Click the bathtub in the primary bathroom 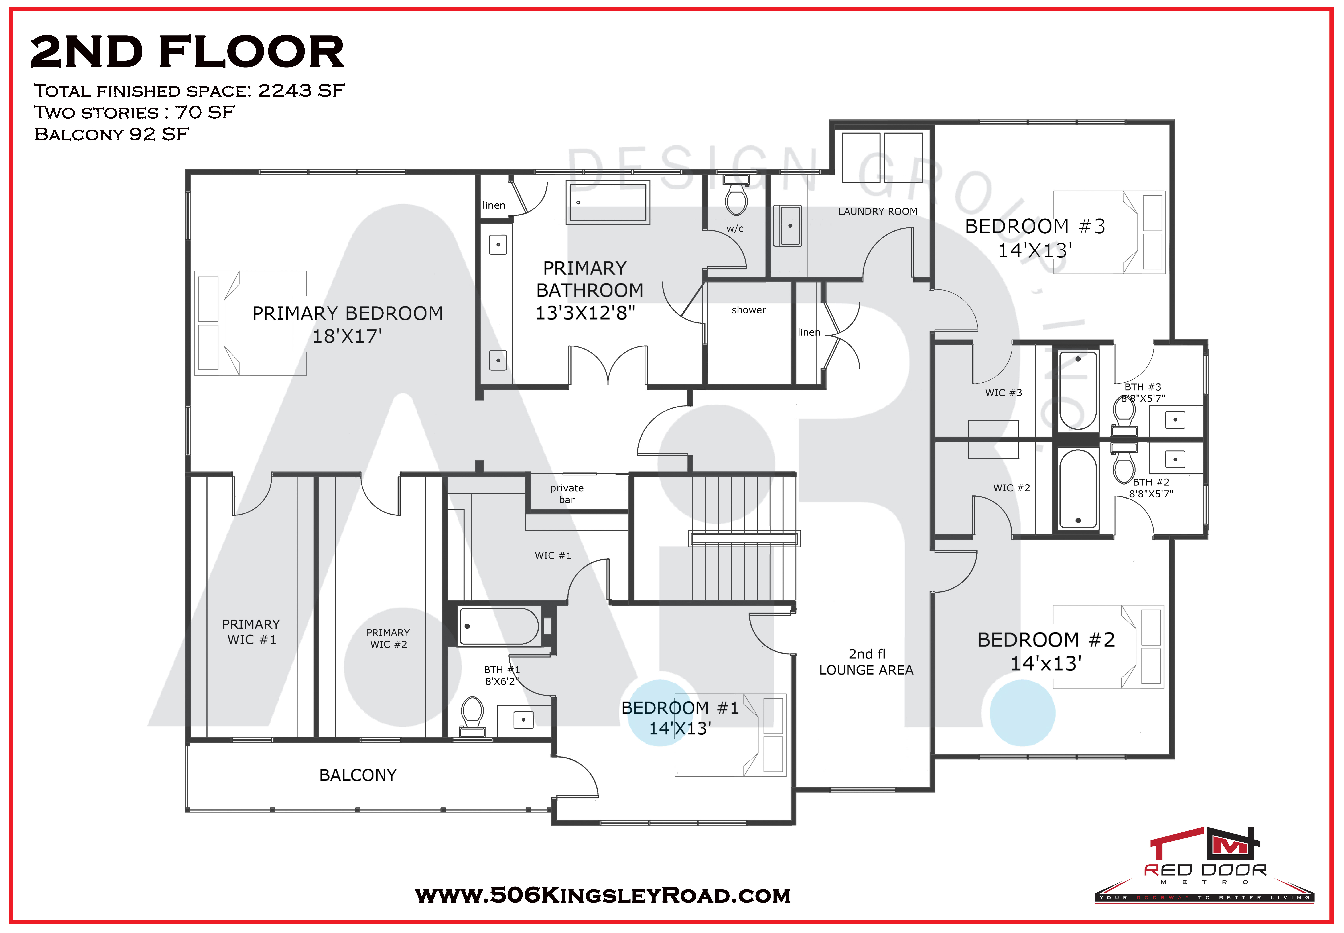coord(608,202)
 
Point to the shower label coord(748,310)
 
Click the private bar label coord(567,493)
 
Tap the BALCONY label coord(358,775)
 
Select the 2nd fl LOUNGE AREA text coord(866,662)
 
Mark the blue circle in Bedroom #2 coord(1022,713)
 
